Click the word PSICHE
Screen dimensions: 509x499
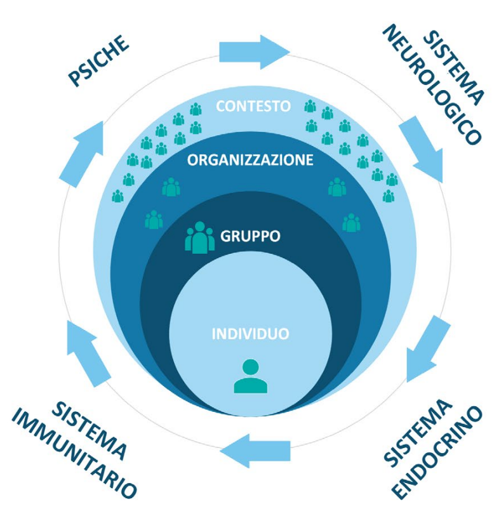point(98,61)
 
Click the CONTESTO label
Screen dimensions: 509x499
point(253,105)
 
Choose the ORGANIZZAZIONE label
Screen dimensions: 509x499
point(250,160)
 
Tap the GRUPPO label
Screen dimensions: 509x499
point(250,237)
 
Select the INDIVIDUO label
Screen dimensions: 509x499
point(250,332)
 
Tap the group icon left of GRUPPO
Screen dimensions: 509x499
point(199,237)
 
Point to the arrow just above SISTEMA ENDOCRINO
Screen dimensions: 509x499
point(425,346)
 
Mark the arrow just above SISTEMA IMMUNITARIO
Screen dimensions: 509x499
point(88,352)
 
